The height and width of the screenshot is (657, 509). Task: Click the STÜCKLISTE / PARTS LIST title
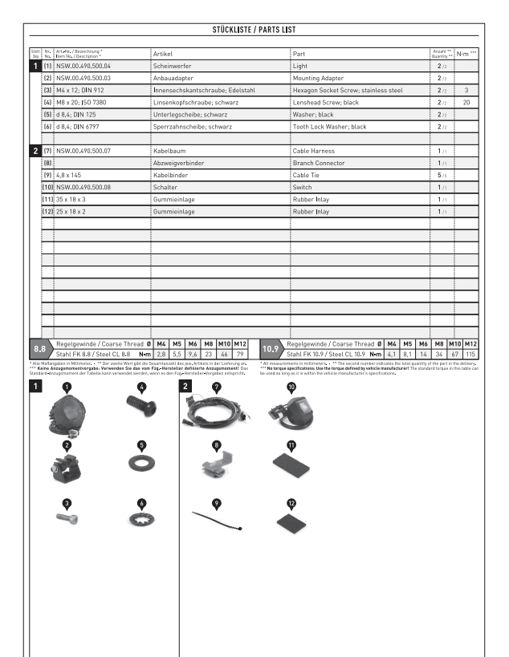pyautogui.click(x=254, y=30)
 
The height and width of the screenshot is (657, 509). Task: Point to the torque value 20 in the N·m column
pyautogui.click(x=466, y=103)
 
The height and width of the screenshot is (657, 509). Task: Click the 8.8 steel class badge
pyautogui.click(x=39, y=349)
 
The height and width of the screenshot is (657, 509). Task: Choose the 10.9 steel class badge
pyautogui.click(x=271, y=349)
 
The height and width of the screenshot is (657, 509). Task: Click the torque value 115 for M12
pyautogui.click(x=470, y=353)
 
